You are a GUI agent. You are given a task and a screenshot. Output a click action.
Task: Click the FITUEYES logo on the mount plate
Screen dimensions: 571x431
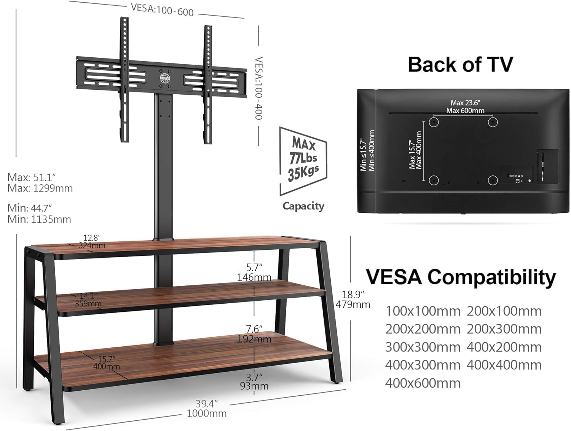click(x=165, y=77)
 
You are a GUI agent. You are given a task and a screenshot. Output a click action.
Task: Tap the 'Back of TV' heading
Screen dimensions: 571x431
click(x=460, y=64)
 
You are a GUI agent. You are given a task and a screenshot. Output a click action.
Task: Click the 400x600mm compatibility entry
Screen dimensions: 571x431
click(x=423, y=383)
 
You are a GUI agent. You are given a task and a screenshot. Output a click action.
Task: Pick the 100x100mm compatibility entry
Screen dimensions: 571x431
click(x=423, y=311)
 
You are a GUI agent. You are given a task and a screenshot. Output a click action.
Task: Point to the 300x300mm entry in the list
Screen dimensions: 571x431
click(x=423, y=347)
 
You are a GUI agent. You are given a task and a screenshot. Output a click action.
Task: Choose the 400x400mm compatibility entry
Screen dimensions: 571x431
click(x=504, y=365)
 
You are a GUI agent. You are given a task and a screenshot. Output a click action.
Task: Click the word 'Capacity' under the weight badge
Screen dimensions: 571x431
click(x=303, y=206)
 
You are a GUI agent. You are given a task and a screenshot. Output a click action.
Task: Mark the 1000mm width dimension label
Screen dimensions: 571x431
click(x=207, y=413)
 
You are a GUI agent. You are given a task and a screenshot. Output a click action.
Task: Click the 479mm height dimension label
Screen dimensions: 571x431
click(x=353, y=304)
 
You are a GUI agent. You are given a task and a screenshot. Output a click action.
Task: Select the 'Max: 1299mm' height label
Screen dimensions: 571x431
click(x=40, y=188)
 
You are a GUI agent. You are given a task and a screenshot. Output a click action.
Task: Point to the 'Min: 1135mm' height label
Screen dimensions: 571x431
click(x=39, y=219)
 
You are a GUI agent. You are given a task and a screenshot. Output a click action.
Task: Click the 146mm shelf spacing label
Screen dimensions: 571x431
click(x=254, y=277)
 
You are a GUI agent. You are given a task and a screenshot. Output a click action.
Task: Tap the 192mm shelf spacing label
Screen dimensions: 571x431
click(x=254, y=339)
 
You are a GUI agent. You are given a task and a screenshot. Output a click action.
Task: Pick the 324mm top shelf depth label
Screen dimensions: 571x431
click(x=92, y=246)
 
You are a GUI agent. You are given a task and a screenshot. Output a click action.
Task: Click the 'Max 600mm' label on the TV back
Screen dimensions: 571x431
click(x=465, y=111)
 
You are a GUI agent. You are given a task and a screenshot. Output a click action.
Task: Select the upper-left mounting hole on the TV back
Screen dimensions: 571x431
click(x=434, y=122)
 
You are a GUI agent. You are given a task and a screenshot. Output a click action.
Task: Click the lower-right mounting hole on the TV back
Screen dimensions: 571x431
click(x=493, y=180)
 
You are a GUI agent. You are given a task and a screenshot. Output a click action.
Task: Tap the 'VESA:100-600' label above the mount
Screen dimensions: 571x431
click(x=162, y=10)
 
